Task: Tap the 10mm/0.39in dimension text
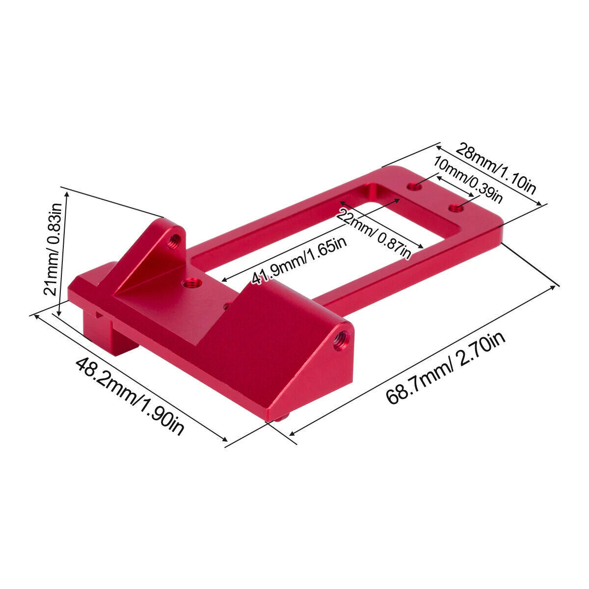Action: (468, 180)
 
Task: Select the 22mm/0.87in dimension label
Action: (374, 234)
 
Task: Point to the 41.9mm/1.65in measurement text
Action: (299, 261)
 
